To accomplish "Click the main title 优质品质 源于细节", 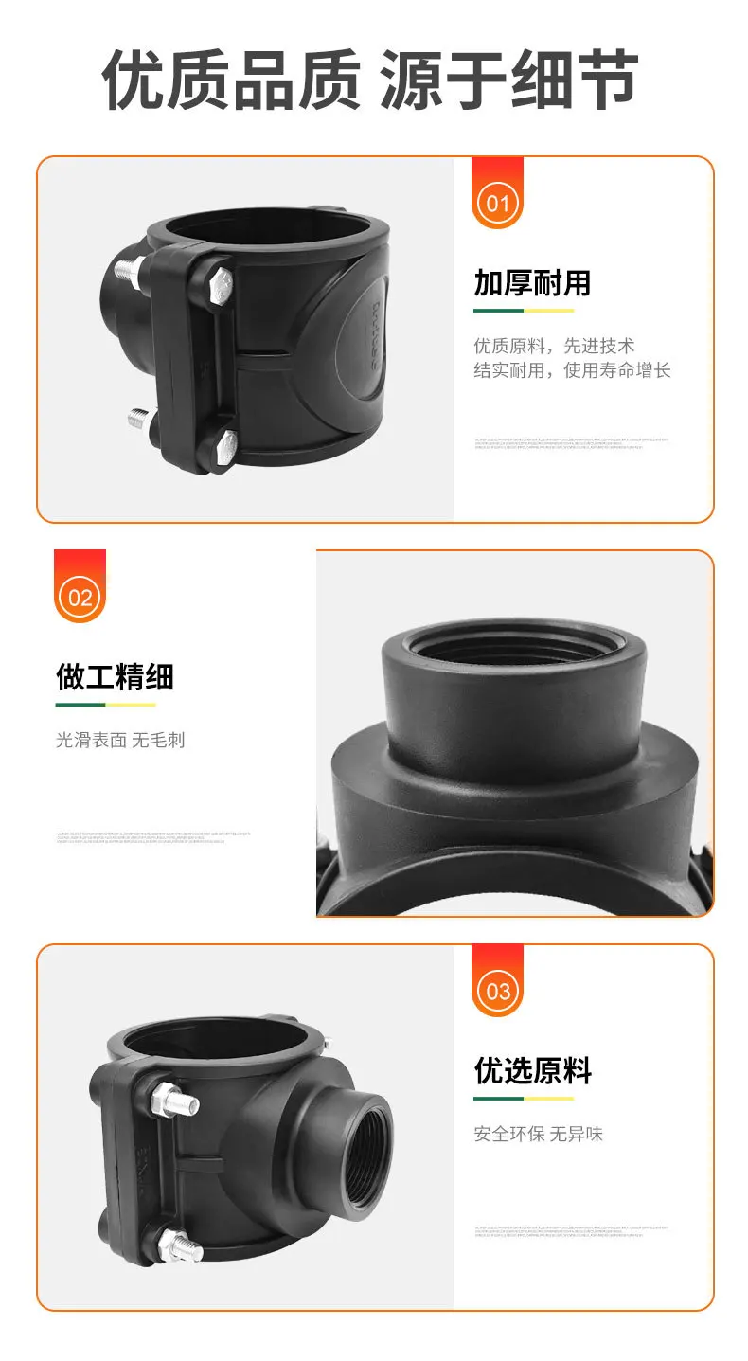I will coord(370,80).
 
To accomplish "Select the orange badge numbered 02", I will coord(80,596).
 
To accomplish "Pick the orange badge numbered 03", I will coord(497,990).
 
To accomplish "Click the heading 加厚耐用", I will coord(532,282).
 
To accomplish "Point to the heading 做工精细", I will coord(115,676).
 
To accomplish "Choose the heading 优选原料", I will coord(532,1071).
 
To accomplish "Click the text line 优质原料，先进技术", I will coord(554,345).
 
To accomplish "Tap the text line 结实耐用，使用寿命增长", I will coord(572,370).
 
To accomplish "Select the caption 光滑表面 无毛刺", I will coord(120,740).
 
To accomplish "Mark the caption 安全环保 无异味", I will coord(538,1134).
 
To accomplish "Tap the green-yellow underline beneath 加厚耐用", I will coord(524,310).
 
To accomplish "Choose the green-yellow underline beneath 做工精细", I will coord(105,705).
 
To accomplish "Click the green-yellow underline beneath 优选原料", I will coord(524,1099).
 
